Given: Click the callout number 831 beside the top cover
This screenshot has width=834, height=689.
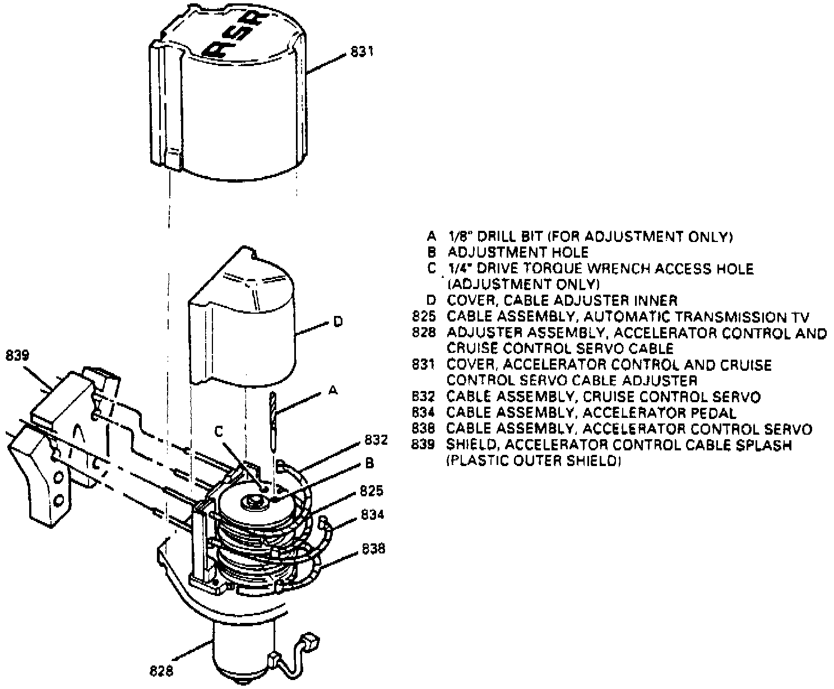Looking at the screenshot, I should (x=362, y=52).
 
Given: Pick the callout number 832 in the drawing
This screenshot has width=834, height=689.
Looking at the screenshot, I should (x=376, y=440).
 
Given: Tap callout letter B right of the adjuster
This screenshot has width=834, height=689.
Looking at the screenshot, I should (x=369, y=463).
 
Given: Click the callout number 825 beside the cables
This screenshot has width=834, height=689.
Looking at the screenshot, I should (x=371, y=491).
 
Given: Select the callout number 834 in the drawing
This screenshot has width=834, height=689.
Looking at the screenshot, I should (x=373, y=514).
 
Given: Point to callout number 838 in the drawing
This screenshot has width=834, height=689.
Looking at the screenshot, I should (x=373, y=548).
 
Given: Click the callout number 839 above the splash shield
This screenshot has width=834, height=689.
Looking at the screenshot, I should (x=18, y=355).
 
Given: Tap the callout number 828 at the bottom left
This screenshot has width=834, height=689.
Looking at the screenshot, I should (x=162, y=670).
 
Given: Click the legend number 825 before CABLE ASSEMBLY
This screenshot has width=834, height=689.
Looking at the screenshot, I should (x=424, y=317).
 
